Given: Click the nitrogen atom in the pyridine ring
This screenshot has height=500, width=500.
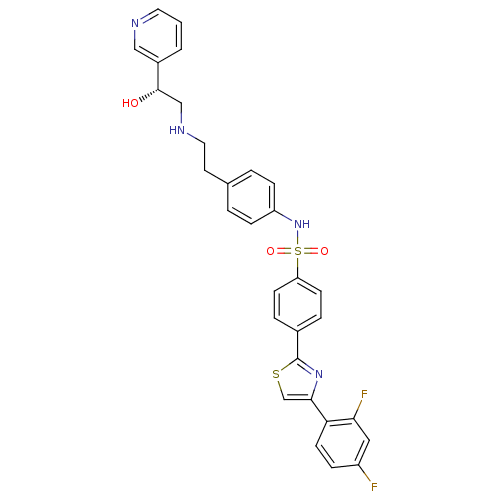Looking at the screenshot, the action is pos(135,23).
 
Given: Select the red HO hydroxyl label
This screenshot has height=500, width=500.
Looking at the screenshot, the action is pos(130,103).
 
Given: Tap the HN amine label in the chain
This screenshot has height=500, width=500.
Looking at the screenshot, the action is pos(177,130).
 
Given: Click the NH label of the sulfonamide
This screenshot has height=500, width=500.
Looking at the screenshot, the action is pos(302,224).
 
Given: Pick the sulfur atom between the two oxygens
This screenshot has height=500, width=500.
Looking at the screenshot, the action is pos(298,251).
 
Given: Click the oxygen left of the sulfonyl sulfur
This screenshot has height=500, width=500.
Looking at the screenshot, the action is pos(271,251).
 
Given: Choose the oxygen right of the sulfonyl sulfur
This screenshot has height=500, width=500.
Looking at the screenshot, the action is pos(324,251).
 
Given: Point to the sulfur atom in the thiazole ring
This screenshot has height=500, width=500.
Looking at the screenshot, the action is pos(276,374).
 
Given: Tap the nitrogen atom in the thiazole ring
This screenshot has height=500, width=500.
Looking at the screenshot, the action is pos(319,374).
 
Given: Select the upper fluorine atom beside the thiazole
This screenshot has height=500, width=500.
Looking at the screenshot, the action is pos(364,394).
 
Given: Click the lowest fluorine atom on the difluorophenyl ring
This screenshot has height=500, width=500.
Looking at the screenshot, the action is pos(374,487).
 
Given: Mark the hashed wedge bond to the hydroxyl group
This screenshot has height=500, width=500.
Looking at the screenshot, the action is pos(149,95).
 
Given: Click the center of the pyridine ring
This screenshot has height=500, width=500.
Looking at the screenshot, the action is pos(158,36).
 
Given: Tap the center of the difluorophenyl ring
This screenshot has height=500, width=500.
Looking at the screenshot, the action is pos(343,443).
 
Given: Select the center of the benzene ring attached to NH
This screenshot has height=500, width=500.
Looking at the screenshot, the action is pos(251,197).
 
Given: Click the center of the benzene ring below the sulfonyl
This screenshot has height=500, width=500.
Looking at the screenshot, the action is pos(298,304).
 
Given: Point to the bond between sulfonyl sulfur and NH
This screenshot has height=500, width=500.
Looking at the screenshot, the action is pos(298,238).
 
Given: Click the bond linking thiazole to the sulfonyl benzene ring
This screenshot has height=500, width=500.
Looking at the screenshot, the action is pos(298,345).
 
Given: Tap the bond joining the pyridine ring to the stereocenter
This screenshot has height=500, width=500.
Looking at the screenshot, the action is pos(158,76).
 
